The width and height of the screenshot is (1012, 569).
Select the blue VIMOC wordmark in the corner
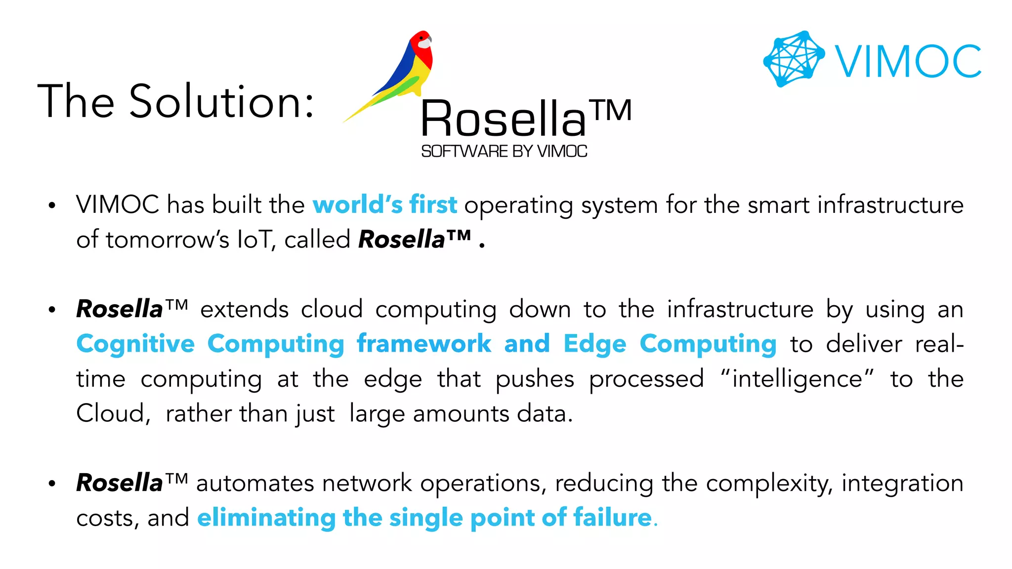[908, 61]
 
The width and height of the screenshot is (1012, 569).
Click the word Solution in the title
[221, 102]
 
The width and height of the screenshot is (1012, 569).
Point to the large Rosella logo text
[503, 119]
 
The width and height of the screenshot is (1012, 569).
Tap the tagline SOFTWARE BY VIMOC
[504, 151]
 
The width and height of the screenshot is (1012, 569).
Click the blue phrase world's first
[384, 204]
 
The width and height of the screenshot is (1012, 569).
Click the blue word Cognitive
[135, 344]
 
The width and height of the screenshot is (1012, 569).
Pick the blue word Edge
[595, 344]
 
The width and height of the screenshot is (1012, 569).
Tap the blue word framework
[424, 344]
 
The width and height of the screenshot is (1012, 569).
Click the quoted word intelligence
[797, 379]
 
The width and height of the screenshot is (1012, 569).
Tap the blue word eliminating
[266, 518]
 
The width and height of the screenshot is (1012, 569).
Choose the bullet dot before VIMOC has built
[52, 205]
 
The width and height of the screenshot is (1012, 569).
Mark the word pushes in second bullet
[535, 379]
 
